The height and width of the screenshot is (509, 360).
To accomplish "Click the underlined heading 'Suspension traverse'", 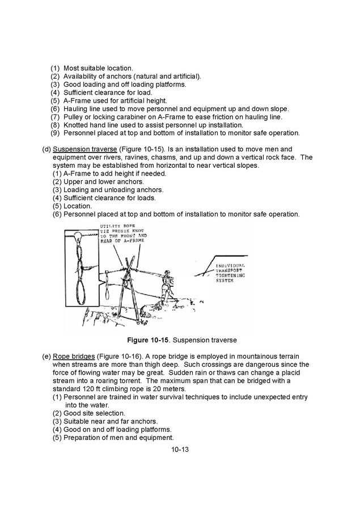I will pos(84,149).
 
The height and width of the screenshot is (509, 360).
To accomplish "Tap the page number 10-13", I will pos(180,449).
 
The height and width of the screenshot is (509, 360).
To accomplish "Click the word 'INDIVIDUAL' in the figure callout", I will pos(231,265).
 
